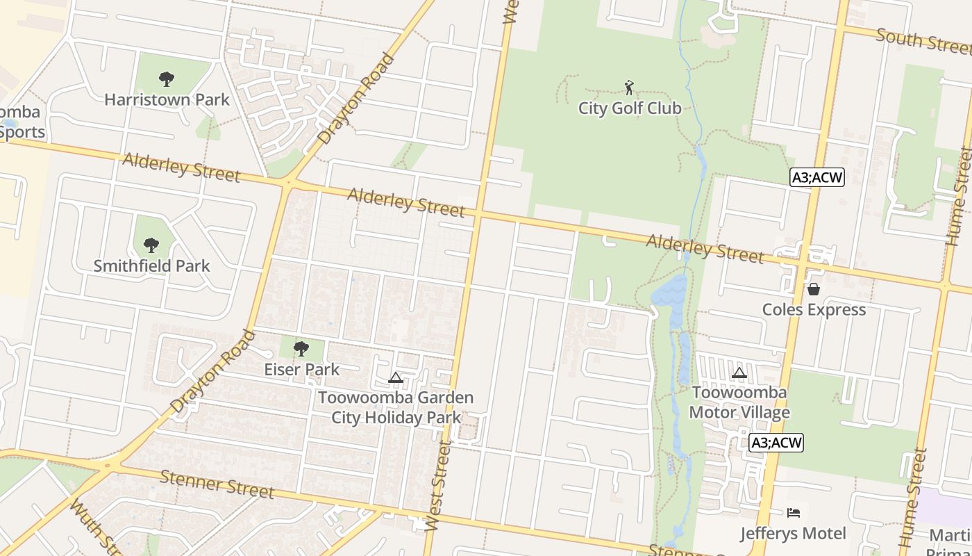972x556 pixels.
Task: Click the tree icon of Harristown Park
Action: (166, 79)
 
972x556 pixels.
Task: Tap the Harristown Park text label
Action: (167, 100)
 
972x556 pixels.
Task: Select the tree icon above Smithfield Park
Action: (151, 245)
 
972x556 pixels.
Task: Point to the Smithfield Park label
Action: (151, 265)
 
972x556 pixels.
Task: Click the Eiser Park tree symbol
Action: (301, 348)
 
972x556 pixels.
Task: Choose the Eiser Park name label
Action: (302, 369)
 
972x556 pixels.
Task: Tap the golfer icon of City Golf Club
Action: (629, 88)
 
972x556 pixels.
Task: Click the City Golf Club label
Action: (630, 108)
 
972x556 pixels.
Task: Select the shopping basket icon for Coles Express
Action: (813, 288)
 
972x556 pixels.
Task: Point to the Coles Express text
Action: (814, 309)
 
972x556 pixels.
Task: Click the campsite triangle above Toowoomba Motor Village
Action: (739, 373)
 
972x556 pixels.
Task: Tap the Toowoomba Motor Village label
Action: (739, 402)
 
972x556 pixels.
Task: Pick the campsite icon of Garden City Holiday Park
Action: (396, 377)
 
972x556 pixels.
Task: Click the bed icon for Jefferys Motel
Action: (794, 513)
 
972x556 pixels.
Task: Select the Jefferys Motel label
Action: (793, 534)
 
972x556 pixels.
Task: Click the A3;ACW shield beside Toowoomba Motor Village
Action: (776, 442)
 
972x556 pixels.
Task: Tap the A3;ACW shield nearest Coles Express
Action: (817, 177)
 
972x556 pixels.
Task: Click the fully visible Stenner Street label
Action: (217, 484)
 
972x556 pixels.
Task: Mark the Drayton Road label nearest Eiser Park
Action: (212, 371)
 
